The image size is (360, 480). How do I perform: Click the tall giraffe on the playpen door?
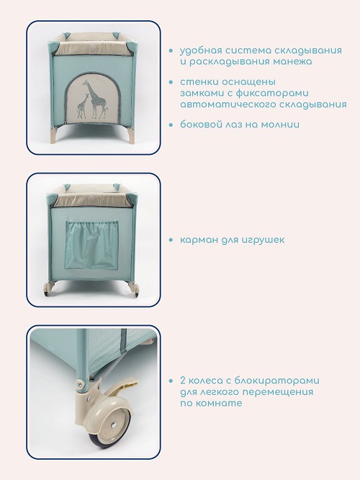(x=96, y=99)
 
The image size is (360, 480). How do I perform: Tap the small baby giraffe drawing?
(x=82, y=107)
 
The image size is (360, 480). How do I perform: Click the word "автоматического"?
(x=227, y=105)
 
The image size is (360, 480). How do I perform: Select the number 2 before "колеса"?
(x=183, y=381)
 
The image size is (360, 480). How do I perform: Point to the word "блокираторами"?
(x=277, y=381)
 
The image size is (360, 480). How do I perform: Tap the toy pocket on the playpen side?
(x=91, y=246)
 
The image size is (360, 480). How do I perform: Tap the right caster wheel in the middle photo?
(x=134, y=290)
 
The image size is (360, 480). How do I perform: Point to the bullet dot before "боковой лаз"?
(x=171, y=125)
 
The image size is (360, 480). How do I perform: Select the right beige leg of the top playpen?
(x=130, y=135)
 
